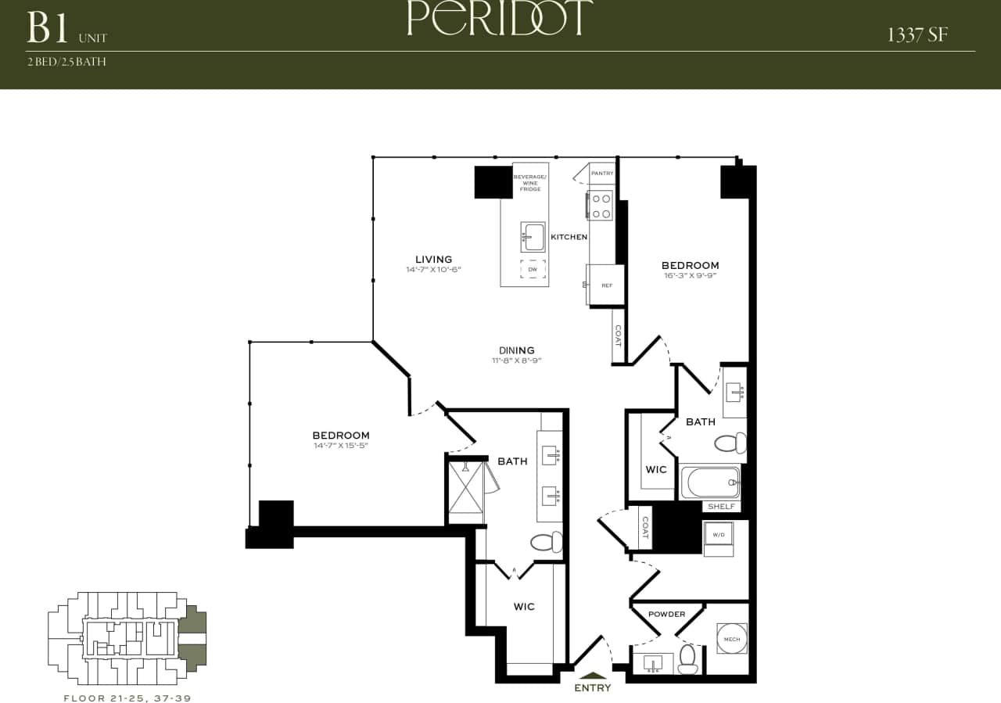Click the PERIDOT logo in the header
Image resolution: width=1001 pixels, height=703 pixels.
(x=500, y=19)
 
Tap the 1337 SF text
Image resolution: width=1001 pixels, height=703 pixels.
(x=918, y=35)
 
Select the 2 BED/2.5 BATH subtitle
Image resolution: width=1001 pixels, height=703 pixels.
(x=66, y=62)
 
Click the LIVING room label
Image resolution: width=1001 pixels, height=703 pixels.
(x=433, y=260)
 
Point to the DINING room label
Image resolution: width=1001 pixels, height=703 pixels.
(x=517, y=350)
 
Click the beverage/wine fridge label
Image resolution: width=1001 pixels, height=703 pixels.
(x=529, y=183)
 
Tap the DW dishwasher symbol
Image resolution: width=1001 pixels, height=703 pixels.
(x=533, y=269)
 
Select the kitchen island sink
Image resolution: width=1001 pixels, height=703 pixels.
(x=533, y=235)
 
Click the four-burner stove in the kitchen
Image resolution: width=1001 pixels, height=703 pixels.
(x=601, y=206)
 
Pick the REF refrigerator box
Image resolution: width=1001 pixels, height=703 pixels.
(x=606, y=285)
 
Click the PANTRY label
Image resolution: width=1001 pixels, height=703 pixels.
(x=602, y=173)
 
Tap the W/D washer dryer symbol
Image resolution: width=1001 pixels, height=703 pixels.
(x=719, y=536)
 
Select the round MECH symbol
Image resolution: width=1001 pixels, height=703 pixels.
(x=731, y=639)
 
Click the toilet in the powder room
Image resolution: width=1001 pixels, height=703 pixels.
(x=688, y=659)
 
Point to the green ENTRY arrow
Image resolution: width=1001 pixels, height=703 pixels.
(x=592, y=676)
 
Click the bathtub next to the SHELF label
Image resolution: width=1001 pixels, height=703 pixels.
(x=710, y=482)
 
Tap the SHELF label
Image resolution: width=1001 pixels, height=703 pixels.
(x=721, y=507)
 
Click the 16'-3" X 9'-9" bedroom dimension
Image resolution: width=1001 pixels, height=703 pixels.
(x=690, y=275)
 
